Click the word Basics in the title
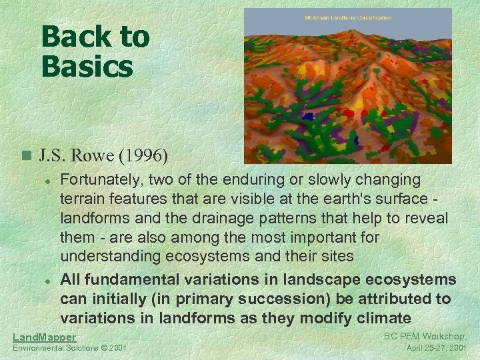[x=87, y=65]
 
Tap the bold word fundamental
[x=145, y=279]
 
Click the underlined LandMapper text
[x=45, y=337]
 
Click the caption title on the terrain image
[x=347, y=17]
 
